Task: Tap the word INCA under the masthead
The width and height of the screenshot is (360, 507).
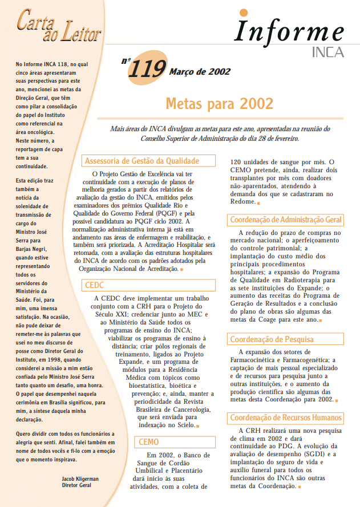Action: [x=328, y=52]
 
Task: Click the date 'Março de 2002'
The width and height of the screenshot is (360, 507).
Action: [x=200, y=72]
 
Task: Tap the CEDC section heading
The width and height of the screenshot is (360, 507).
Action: [x=95, y=285]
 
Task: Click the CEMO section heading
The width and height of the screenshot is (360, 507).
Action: [x=149, y=441]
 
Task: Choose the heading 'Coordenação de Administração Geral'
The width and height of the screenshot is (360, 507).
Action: [x=286, y=220]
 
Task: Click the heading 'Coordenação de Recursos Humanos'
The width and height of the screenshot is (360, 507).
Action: [x=285, y=418]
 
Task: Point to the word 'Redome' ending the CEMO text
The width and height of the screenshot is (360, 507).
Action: [x=242, y=202]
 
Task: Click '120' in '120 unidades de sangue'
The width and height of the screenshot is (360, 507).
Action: [x=236, y=161]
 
